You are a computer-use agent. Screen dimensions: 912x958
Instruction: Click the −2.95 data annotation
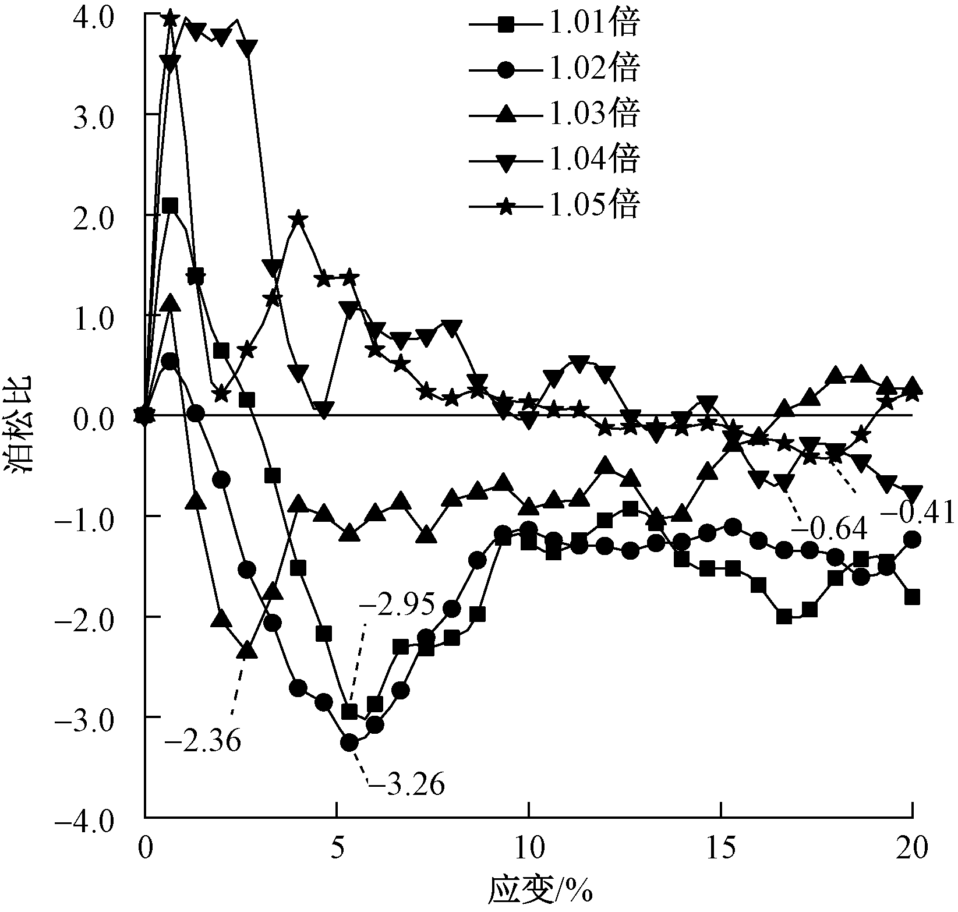coord(397,606)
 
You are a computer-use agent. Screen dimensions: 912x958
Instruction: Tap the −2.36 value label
coord(202,742)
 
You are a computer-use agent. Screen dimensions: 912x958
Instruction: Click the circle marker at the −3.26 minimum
coord(349,743)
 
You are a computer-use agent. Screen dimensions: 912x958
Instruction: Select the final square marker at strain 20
coord(912,597)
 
